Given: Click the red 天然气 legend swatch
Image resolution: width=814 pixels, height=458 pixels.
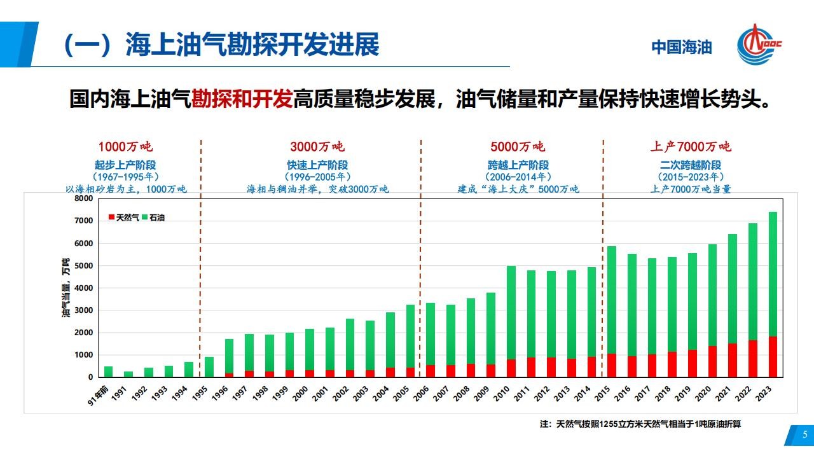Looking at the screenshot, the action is [111, 217].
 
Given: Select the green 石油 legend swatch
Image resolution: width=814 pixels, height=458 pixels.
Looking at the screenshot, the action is [144, 217].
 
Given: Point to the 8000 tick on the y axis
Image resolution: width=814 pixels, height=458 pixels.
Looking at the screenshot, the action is [83, 198].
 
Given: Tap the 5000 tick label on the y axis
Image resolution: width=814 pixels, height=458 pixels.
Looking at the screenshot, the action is [83, 266].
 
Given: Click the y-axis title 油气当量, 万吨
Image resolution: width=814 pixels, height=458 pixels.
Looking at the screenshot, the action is [66, 288].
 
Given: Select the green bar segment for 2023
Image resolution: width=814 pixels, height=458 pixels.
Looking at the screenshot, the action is [773, 274].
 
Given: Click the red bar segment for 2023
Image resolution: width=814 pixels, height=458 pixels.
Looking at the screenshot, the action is [773, 357].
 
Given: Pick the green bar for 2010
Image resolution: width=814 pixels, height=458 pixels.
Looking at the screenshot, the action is [511, 312].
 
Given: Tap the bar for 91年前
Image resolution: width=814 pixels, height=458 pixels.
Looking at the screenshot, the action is [108, 371].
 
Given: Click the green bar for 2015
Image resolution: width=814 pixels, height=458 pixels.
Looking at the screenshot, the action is [612, 300].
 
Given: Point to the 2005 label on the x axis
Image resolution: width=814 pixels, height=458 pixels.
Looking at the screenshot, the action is [401, 394].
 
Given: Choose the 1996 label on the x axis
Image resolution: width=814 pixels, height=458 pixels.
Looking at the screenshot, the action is [220, 394].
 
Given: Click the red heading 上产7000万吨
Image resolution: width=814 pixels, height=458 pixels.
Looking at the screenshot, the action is [691, 146].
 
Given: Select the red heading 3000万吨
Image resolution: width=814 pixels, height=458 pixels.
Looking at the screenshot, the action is [317, 146].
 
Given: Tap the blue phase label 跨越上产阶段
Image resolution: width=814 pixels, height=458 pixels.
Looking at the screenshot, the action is [518, 165].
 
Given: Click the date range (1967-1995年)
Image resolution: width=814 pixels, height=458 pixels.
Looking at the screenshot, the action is [126, 177].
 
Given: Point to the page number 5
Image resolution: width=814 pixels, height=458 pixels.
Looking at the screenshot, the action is [805, 434].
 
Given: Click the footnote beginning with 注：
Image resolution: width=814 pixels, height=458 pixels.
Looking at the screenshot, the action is [640, 424].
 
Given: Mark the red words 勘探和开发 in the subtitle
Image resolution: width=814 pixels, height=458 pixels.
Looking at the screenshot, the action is [242, 99].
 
